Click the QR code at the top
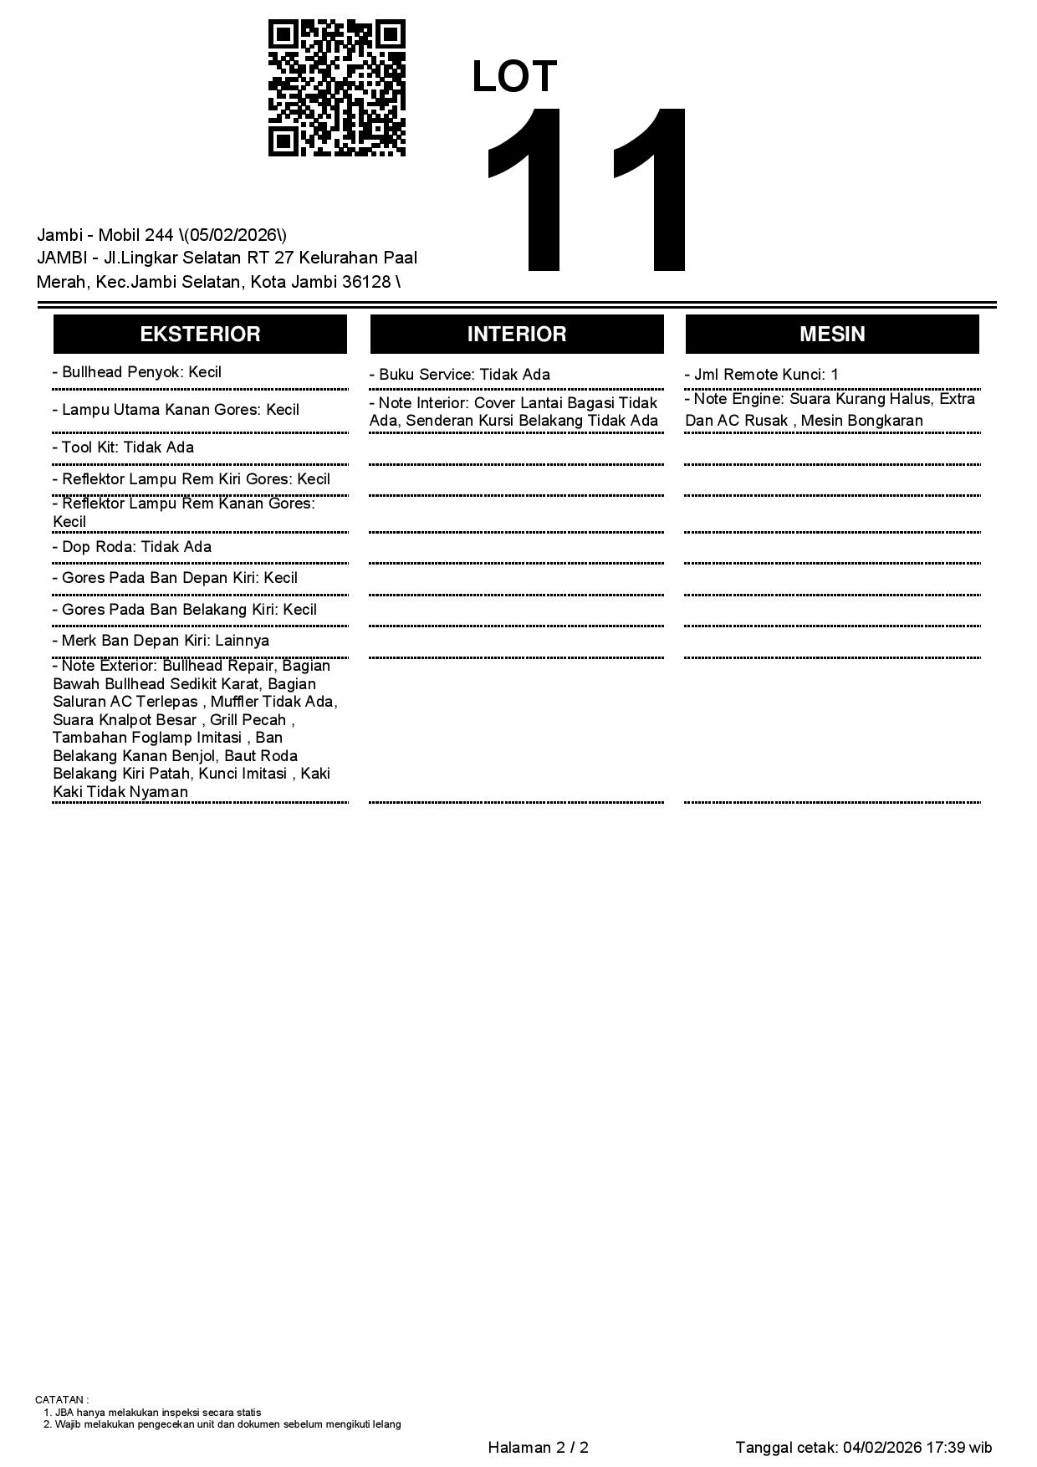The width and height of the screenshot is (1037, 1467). [x=337, y=88]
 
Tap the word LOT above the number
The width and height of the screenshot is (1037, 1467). [x=514, y=77]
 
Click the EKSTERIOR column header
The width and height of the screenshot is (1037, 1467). [x=200, y=335]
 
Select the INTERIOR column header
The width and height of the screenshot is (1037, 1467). [x=517, y=335]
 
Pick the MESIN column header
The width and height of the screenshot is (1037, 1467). [x=832, y=335]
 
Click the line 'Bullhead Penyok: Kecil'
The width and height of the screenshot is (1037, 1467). [x=137, y=373]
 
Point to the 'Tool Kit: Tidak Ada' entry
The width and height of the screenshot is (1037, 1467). [x=124, y=447]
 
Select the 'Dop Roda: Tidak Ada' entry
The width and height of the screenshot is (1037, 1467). [x=132, y=547]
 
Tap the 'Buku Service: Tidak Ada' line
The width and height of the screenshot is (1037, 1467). [x=460, y=375]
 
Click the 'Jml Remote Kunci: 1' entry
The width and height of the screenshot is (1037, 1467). [x=762, y=375]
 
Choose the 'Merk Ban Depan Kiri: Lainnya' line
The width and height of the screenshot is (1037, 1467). [x=161, y=641]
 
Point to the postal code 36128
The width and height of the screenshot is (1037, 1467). [x=366, y=282]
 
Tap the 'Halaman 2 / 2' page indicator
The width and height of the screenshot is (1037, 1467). [x=539, y=1448]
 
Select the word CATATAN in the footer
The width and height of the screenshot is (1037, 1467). [x=59, y=1399]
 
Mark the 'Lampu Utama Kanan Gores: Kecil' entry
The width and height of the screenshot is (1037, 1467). [x=176, y=410]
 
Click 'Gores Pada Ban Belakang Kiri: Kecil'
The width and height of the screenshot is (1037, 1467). [x=185, y=610]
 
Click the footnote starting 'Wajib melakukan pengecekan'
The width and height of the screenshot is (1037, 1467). [x=227, y=1424]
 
